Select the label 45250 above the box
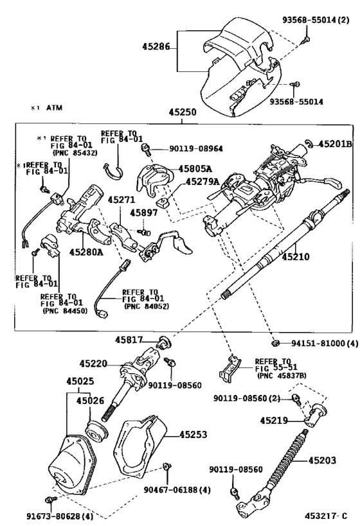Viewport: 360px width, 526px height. point(183,112)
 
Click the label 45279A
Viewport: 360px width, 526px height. point(202,182)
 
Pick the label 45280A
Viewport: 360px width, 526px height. point(86,252)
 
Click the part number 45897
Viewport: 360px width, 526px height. point(141,213)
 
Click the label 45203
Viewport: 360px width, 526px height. point(323,460)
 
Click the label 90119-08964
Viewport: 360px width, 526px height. point(187,148)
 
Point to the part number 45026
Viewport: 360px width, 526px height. point(91,401)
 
